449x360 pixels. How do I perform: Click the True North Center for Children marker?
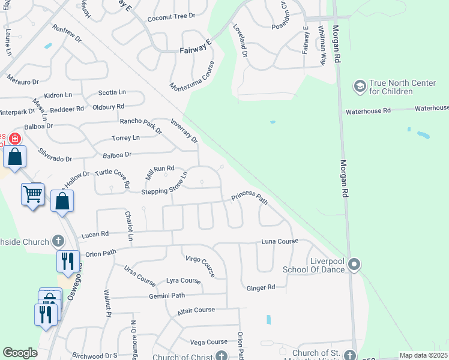point(360,86)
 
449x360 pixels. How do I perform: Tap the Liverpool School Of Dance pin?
point(354,264)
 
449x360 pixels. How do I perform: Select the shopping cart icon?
point(32,194)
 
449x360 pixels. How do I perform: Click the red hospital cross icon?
point(14,139)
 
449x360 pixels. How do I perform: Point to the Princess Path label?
point(250,197)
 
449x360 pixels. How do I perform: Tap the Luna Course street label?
point(280,241)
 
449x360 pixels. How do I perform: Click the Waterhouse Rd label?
point(368,111)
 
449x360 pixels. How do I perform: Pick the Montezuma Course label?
point(192,82)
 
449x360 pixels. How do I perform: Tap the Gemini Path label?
point(167,296)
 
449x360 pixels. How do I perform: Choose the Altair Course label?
point(196,310)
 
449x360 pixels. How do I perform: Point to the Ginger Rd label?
point(261,288)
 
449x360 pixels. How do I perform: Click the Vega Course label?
point(209,342)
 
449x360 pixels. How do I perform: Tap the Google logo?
point(20,353)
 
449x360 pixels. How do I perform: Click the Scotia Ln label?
point(112,92)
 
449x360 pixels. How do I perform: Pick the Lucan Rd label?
point(96,234)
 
